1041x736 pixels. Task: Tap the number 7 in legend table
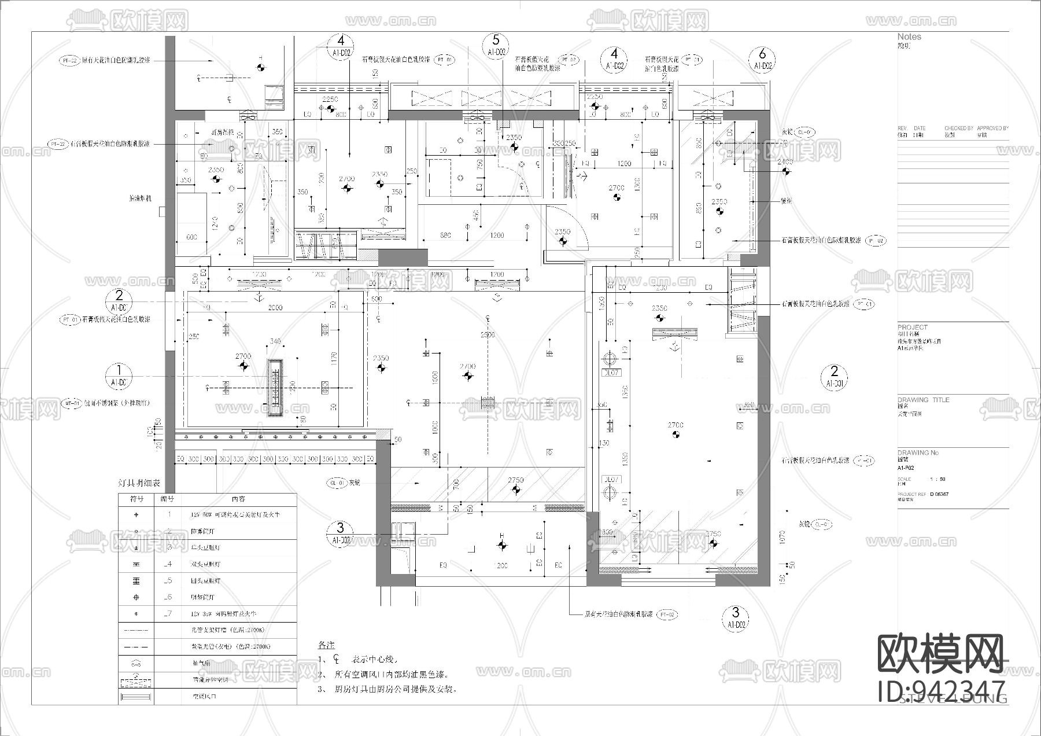pos(168,614)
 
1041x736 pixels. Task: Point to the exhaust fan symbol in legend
pos(136,664)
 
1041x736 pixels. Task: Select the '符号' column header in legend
pos(136,499)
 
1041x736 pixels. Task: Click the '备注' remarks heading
pos(326,645)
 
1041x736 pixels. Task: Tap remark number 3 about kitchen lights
pos(387,690)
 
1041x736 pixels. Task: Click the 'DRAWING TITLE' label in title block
pos(923,400)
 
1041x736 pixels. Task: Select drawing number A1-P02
pos(906,468)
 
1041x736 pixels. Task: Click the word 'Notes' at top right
pos(909,36)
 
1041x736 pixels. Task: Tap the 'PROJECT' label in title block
pos(912,327)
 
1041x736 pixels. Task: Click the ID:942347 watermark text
pos(942,692)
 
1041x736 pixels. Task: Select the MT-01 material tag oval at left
pos(71,403)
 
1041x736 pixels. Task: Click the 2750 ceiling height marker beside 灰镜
pos(516,480)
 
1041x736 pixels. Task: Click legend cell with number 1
pos(168,514)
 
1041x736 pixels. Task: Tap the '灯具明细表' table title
pos(139,483)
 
